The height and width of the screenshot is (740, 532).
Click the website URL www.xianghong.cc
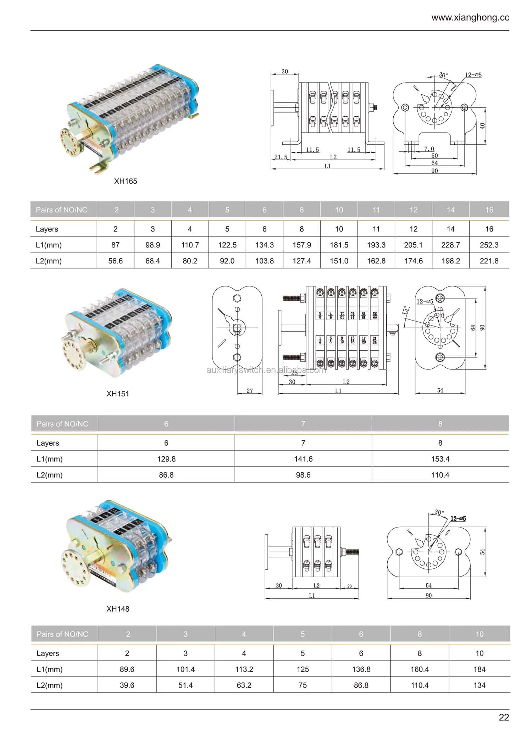470,18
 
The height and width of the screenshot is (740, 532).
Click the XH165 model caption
126,181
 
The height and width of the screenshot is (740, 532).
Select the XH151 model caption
118,394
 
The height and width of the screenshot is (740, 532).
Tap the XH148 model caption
118,609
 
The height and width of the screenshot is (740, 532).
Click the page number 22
504,717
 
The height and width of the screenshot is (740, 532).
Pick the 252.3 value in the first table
489,245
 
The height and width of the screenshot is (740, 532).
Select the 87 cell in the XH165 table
115,245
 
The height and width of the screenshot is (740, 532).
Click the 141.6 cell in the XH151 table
303,459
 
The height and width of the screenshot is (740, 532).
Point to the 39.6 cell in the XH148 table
127,685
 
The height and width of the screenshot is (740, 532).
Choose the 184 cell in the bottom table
479,669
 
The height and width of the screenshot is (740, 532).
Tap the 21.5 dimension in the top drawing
281,157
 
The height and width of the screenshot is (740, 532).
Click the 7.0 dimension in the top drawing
429,149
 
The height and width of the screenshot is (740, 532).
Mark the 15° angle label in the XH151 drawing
405,310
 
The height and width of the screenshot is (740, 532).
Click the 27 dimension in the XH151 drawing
250,390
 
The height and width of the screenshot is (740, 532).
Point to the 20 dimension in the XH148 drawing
349,586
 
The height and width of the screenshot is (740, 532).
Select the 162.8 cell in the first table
376,261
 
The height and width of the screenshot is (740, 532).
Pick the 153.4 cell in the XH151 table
440,459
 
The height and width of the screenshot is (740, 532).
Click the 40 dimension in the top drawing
482,126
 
